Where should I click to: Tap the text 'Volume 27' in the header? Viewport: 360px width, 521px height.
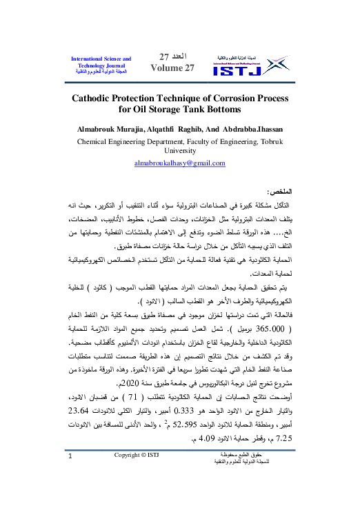coord(168,68)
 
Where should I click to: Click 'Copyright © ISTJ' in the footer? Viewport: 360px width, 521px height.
coord(140,494)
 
